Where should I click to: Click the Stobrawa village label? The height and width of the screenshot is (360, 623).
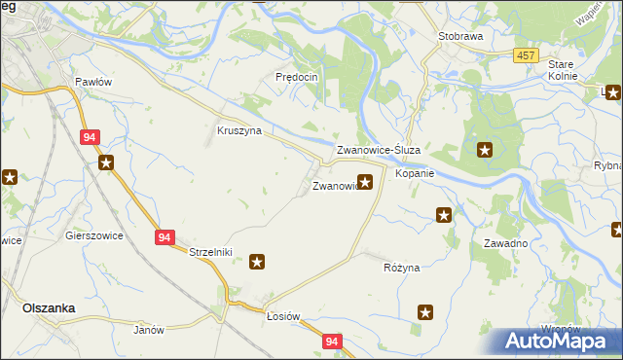click(x=460, y=35)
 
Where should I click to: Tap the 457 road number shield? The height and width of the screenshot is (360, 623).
click(x=527, y=55)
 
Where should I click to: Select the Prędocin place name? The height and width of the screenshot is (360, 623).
click(x=297, y=77)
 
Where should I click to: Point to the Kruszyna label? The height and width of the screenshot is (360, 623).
click(x=238, y=130)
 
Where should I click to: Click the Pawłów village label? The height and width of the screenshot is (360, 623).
click(x=93, y=82)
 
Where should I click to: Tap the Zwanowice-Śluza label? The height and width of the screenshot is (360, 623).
click(x=378, y=151)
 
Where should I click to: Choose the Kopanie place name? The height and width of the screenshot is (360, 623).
click(x=414, y=173)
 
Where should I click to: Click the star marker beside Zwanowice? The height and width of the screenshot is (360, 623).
click(x=365, y=181)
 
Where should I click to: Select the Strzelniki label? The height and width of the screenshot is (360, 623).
click(x=210, y=252)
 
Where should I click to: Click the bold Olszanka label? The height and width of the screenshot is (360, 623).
click(x=49, y=307)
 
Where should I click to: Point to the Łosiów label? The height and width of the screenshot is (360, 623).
click(x=283, y=317)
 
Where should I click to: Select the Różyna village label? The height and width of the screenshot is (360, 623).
click(x=401, y=267)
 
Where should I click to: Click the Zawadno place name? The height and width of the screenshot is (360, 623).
click(x=505, y=243)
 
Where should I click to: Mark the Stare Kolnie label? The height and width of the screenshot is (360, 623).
click(x=563, y=70)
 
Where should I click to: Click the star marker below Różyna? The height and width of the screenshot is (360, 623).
click(x=425, y=311)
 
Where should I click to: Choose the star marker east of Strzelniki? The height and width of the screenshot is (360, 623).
click(x=257, y=261)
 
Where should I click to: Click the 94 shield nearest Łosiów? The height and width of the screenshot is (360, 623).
click(x=333, y=342)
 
